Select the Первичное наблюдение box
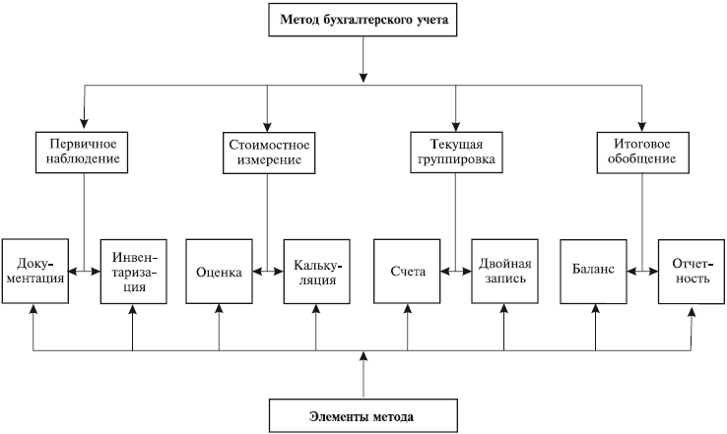[84, 151]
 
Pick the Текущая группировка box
[454, 151]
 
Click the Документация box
[34, 271]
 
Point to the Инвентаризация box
[133, 271]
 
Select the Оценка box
[219, 272]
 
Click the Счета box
[407, 272]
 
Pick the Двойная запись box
[504, 271]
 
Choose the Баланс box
[593, 272]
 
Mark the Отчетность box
[691, 271]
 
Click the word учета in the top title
[430, 21]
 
